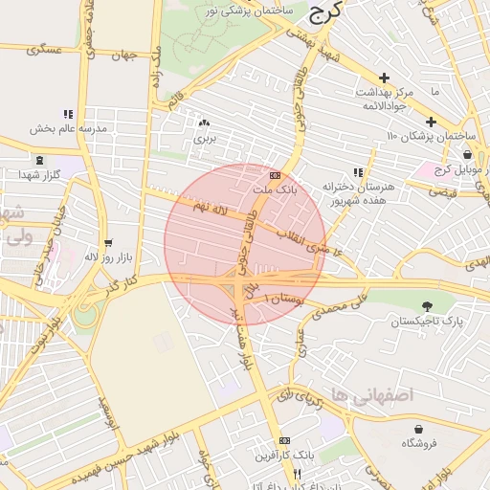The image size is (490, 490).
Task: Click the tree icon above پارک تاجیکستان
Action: tap(425, 306)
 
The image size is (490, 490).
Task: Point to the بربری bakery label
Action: tap(205, 139)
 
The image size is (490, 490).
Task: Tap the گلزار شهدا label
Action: tap(39, 175)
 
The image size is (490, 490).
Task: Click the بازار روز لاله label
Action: tap(106, 257)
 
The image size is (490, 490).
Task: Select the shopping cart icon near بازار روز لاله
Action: tap(108, 243)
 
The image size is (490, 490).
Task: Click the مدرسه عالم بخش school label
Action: tap(66, 128)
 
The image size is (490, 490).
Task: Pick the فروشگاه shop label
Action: tap(419, 442)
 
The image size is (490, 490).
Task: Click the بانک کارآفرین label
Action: tap(281, 454)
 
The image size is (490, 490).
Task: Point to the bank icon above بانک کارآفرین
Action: tap(282, 440)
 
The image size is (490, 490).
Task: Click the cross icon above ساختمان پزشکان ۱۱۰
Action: tap(432, 122)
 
